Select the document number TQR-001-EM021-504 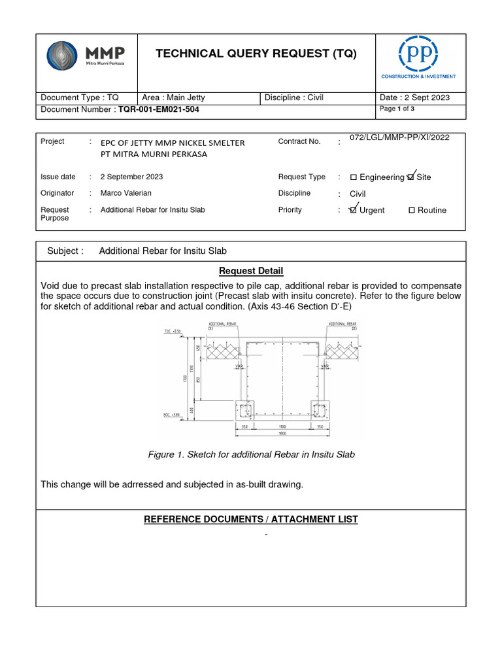click(x=157, y=109)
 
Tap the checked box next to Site click(x=410, y=177)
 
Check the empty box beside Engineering click(x=354, y=177)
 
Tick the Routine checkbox click(x=412, y=210)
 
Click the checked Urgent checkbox click(x=354, y=210)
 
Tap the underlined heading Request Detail click(x=251, y=271)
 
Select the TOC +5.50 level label click(x=173, y=331)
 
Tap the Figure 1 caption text click(x=251, y=454)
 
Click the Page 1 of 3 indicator click(x=397, y=109)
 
